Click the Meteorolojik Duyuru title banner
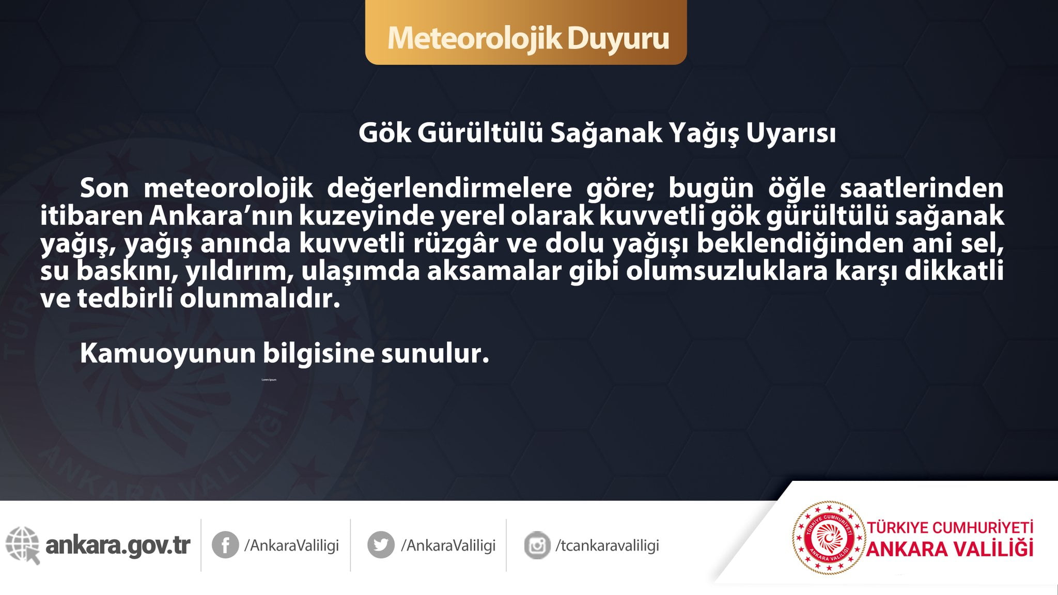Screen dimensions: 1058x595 pyautogui.click(x=526, y=32)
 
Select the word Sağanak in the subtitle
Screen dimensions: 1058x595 pyautogui.click(x=606, y=134)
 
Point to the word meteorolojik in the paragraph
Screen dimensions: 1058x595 pyautogui.click(x=228, y=189)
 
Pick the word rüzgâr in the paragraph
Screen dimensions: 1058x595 pyautogui.click(x=456, y=244)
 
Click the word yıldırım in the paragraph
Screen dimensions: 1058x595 pyautogui.click(x=240, y=272)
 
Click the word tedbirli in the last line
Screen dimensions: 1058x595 pyautogui.click(x=125, y=299)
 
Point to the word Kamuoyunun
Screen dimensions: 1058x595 pyautogui.click(x=168, y=354)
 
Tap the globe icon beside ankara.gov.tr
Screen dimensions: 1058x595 pyautogui.click(x=23, y=545)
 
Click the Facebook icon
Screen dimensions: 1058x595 pyautogui.click(x=225, y=545)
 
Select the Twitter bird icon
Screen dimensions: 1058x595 pyautogui.click(x=381, y=545)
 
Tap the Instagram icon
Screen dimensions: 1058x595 pyautogui.click(x=537, y=545)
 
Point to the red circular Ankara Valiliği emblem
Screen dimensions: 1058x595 pyautogui.click(x=829, y=538)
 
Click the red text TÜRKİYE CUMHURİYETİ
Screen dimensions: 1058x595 pyautogui.click(x=950, y=528)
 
